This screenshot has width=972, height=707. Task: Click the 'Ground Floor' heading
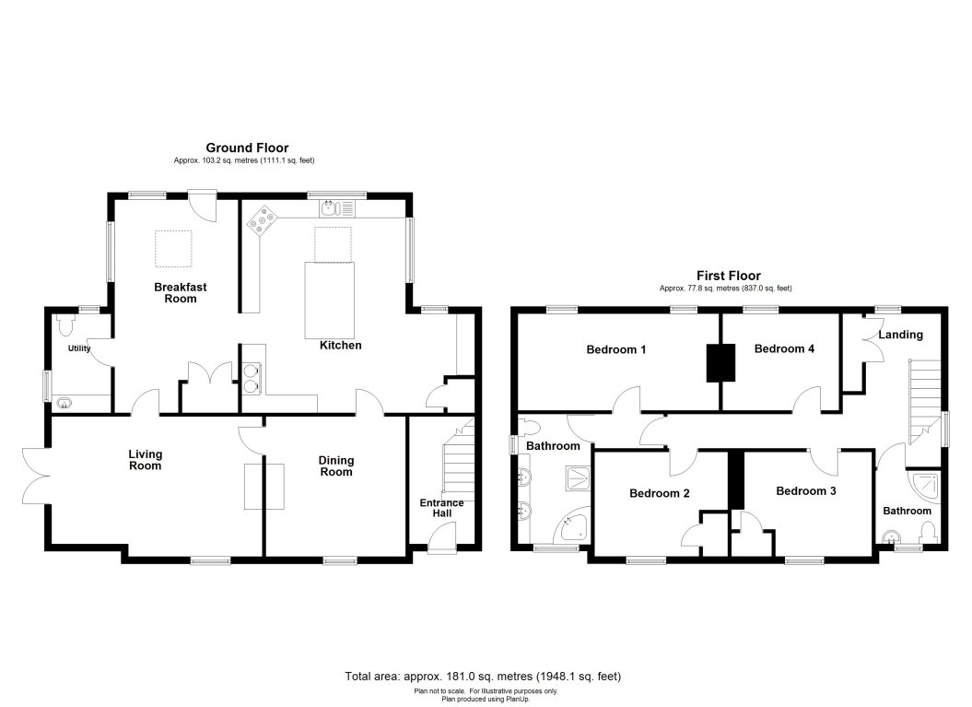pyautogui.click(x=246, y=147)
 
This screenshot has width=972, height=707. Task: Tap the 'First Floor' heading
pyautogui.click(x=727, y=275)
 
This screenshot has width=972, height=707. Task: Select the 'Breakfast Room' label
pyautogui.click(x=180, y=293)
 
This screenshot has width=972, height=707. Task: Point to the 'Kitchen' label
pyautogui.click(x=340, y=346)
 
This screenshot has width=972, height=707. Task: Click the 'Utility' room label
pyautogui.click(x=78, y=349)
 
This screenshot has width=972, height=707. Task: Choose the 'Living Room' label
pyautogui.click(x=145, y=459)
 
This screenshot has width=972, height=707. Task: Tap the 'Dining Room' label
pyautogui.click(x=336, y=465)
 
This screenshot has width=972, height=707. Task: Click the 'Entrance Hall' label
pyautogui.click(x=441, y=508)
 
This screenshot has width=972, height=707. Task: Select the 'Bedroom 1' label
pyautogui.click(x=616, y=349)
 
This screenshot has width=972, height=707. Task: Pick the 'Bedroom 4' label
pyautogui.click(x=783, y=349)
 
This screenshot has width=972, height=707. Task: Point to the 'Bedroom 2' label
pyautogui.click(x=660, y=493)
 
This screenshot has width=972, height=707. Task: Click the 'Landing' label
pyautogui.click(x=899, y=335)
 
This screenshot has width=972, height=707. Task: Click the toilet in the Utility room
pyautogui.click(x=64, y=325)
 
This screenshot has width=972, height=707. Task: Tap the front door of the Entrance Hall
pyautogui.click(x=442, y=539)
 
